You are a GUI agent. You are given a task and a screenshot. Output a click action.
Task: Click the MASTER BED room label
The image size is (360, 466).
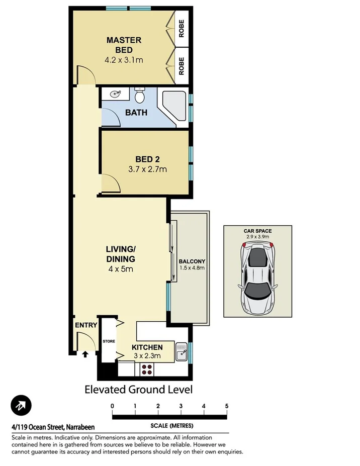[124, 45]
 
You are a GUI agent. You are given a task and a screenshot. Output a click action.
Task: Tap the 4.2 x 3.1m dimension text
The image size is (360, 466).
[124, 60]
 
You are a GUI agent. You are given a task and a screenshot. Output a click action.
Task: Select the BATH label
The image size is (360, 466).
[136, 113]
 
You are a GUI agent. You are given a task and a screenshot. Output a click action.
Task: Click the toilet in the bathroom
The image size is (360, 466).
[140, 95]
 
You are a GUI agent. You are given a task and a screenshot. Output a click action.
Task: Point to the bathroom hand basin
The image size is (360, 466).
[116, 94]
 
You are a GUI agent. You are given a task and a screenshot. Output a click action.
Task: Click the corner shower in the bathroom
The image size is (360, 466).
[173, 106]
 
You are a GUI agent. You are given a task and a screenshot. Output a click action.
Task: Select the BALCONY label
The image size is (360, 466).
[192, 261]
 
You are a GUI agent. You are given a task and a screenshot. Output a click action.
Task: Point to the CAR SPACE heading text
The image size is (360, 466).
[257, 231]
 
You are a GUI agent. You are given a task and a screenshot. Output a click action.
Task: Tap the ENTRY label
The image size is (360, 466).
[86, 325]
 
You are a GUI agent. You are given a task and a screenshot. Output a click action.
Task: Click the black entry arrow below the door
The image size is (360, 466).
[84, 354]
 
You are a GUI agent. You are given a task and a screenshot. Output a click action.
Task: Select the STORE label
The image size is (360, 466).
[109, 341]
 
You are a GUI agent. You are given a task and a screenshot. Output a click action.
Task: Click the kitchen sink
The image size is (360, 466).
[182, 351]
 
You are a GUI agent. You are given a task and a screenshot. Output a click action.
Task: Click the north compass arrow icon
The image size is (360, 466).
[21, 405]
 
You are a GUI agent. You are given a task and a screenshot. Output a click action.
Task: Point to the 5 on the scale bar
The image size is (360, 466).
[227, 406]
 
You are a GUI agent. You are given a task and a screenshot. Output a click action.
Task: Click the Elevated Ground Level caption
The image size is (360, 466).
[138, 389]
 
